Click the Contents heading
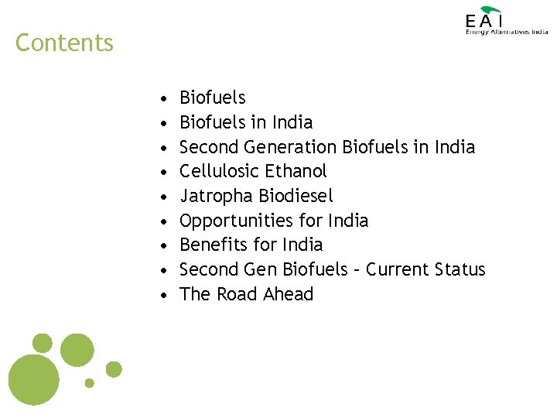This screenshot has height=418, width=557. pyautogui.click(x=64, y=43)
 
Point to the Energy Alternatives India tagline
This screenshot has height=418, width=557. pyautogui.click(x=506, y=33)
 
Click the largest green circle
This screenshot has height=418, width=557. pyautogui.click(x=33, y=380)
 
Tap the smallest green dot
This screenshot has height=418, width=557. pyautogui.click(x=90, y=382)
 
